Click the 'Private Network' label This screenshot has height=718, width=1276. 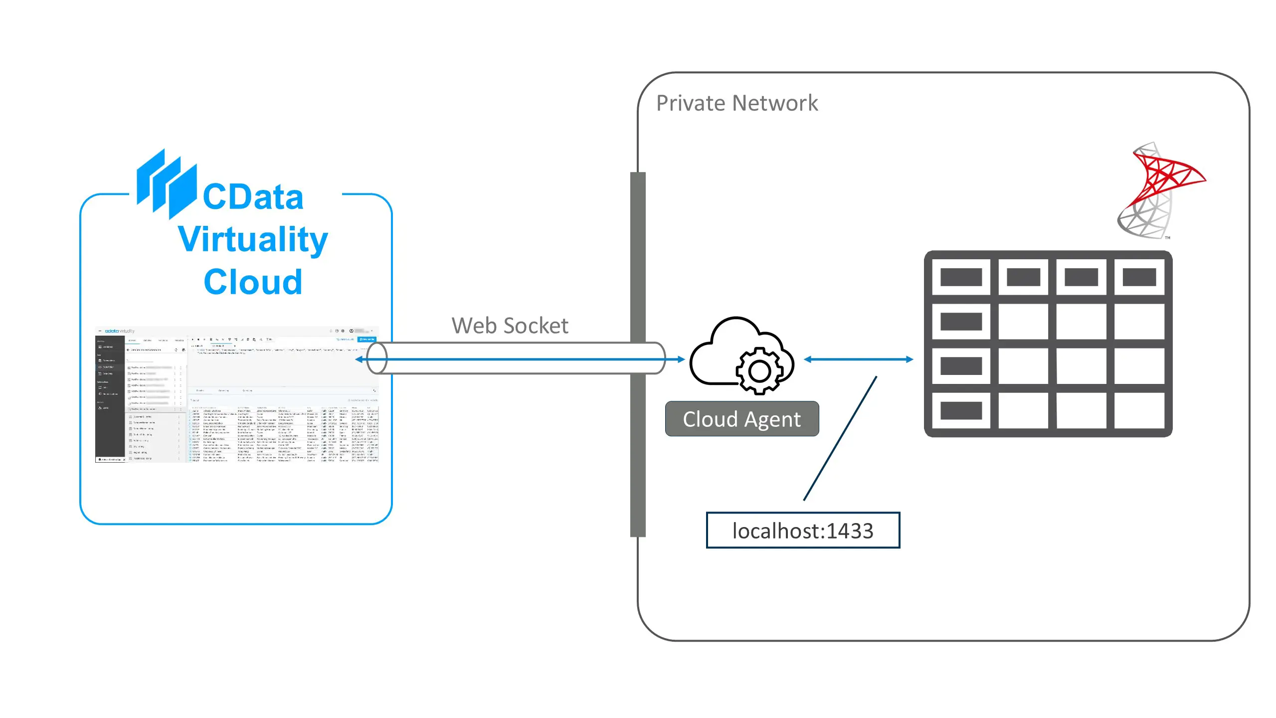click(x=736, y=103)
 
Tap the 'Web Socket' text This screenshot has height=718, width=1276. click(x=510, y=326)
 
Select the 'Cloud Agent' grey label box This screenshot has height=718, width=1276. click(x=741, y=419)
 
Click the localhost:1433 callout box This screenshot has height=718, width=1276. click(x=802, y=531)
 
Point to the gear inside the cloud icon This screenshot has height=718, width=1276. click(x=759, y=371)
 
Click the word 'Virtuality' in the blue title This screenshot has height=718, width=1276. click(x=253, y=240)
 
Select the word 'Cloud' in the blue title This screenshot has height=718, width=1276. click(x=253, y=282)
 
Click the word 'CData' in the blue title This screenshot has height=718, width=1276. click(x=253, y=197)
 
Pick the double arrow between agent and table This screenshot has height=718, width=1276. click(x=858, y=359)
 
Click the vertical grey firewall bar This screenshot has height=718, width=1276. click(x=638, y=449)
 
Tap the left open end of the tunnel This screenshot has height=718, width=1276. click(x=376, y=359)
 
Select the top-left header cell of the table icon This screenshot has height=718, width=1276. click(x=961, y=277)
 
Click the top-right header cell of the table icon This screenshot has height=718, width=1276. click(x=1139, y=277)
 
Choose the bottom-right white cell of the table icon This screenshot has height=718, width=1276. click(x=1139, y=410)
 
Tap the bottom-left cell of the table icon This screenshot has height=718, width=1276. click(x=961, y=410)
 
